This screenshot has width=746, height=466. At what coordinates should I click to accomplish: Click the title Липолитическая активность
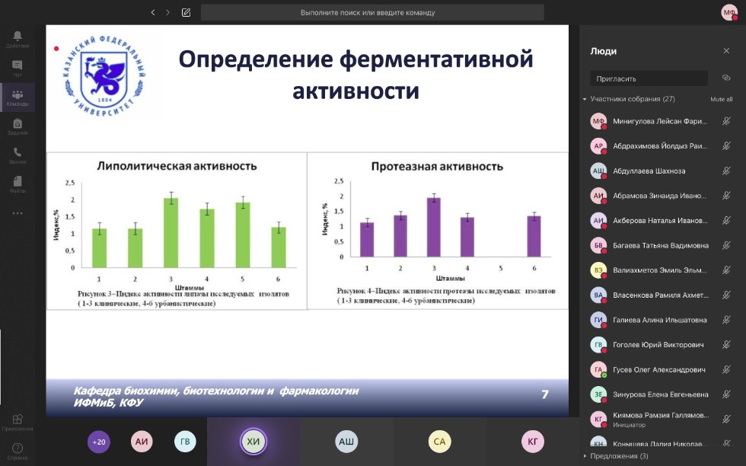(176, 165)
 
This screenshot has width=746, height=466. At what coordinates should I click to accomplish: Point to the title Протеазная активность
(437, 166)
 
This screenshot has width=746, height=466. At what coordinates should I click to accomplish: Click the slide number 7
(544, 394)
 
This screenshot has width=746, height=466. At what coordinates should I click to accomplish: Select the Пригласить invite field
(649, 78)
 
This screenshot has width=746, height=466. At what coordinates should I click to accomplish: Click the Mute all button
(721, 99)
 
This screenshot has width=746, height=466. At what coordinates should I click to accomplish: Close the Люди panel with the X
(726, 51)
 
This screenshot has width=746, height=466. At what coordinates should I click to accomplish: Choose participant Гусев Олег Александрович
(658, 369)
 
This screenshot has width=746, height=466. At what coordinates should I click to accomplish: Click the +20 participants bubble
(99, 442)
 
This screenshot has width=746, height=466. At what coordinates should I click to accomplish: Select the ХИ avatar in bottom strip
(253, 442)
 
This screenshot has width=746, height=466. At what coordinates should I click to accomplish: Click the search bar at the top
(372, 12)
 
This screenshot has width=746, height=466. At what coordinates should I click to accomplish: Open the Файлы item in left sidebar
(17, 184)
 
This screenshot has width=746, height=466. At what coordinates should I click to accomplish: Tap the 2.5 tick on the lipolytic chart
(69, 183)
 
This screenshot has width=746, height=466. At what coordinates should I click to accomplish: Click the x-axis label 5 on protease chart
(500, 268)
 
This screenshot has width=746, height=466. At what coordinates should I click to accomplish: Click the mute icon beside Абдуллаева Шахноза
(726, 171)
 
